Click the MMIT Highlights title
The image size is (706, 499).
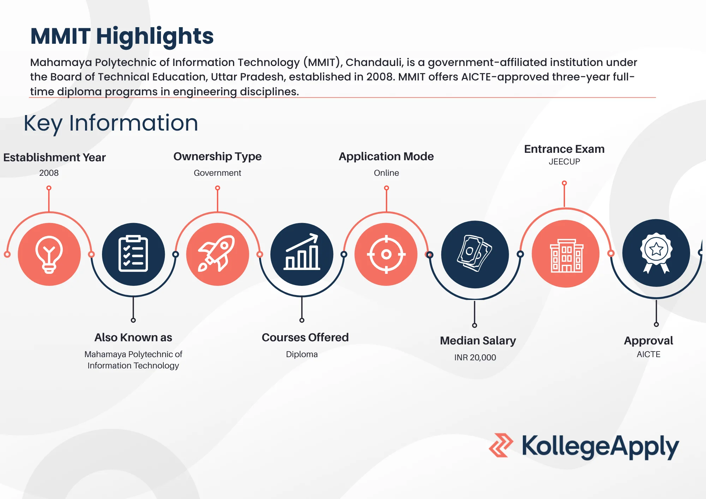(122, 36)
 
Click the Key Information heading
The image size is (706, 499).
(111, 123)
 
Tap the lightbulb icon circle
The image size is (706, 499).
(49, 254)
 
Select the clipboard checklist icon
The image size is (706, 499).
(133, 254)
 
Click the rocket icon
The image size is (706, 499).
(217, 254)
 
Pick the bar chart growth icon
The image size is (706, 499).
(302, 254)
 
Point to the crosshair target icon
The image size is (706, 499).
(386, 254)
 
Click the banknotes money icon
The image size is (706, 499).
(475, 254)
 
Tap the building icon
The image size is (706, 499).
(566, 254)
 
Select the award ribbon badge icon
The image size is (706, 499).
(656, 253)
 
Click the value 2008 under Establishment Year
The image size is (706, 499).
(49, 173)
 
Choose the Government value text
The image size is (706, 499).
(217, 173)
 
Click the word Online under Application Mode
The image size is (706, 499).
(386, 173)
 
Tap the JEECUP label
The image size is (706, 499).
(564, 162)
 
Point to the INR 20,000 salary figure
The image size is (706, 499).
(475, 357)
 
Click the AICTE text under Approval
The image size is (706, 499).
(648, 354)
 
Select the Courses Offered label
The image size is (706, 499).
(305, 337)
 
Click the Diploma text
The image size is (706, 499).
(302, 354)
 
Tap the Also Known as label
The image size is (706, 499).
(133, 337)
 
